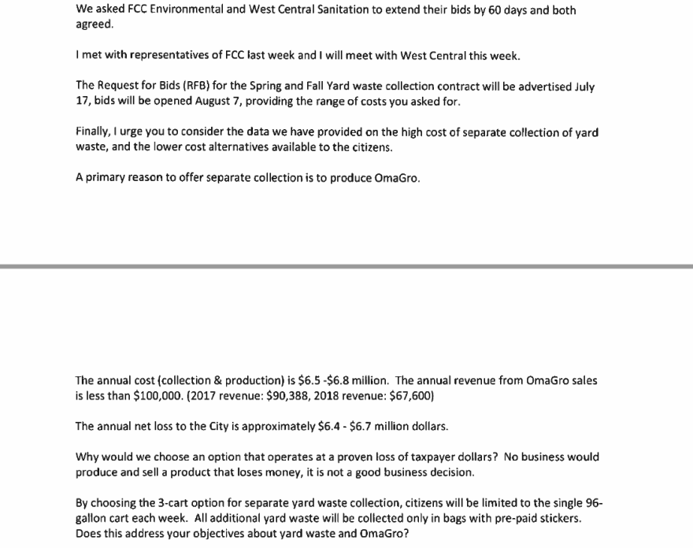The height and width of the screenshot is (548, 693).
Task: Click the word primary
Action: tap(108, 177)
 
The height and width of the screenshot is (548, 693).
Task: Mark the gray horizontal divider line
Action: tap(346, 268)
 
